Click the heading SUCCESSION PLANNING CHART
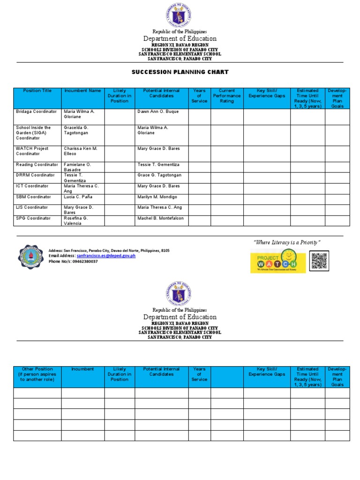(180, 72)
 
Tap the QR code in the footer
(320, 261)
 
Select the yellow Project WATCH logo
(278, 262)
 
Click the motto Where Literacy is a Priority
(287, 242)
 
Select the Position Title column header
(37, 91)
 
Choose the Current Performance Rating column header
(227, 96)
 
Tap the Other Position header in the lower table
(37, 374)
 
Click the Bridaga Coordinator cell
(37, 112)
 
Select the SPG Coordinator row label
(33, 218)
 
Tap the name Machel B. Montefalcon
(160, 218)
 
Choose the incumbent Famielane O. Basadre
(77, 167)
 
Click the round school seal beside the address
(30, 256)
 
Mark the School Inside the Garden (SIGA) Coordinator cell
(34, 133)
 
